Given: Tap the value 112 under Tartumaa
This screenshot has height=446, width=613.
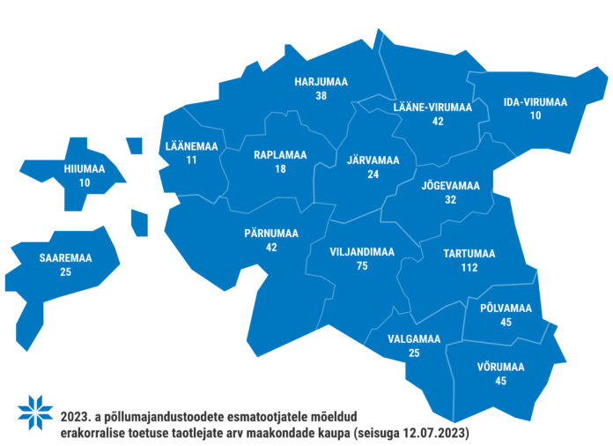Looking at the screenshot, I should tap(468, 267).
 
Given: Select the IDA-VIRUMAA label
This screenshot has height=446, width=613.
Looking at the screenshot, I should tap(535, 102).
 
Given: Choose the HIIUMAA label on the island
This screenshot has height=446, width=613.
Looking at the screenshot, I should tap(85, 168).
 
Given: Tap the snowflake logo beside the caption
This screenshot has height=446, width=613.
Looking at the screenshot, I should tap(36, 409).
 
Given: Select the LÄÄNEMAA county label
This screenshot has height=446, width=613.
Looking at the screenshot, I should tap(191, 146).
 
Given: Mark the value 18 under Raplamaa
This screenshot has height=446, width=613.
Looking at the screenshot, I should tap(280, 168).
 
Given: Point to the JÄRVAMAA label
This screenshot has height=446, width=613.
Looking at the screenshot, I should tap(373, 160).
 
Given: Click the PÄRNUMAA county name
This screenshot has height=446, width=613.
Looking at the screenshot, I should tap(271, 234).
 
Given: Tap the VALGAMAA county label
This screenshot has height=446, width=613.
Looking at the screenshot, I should tap(414, 338).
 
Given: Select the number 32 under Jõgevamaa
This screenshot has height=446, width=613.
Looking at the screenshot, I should tap(450, 199).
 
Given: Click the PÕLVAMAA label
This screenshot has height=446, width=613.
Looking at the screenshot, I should tap(506, 308).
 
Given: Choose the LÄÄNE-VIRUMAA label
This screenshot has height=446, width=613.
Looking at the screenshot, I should tap(432, 108).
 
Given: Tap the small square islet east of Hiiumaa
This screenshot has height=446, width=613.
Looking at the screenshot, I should tap(134, 145).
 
